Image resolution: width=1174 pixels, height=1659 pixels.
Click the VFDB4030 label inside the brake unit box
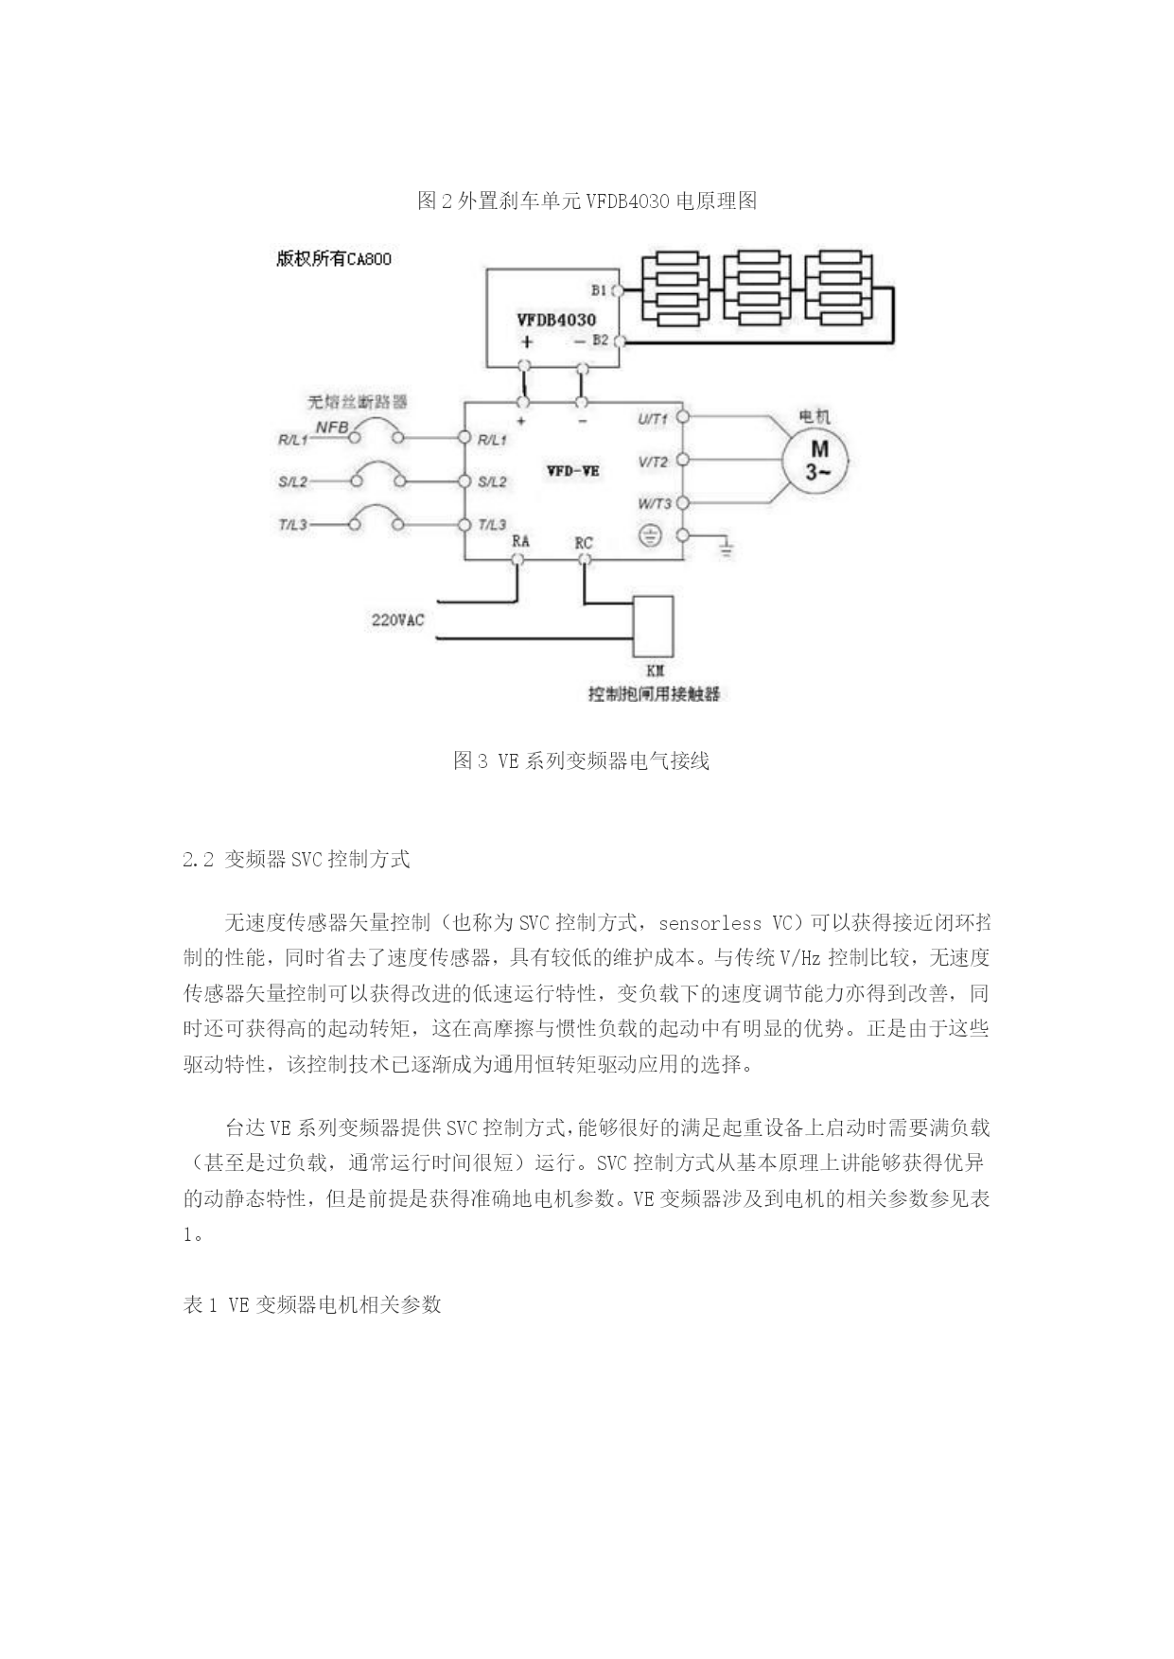point(556,320)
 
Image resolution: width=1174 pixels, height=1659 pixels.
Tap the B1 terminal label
point(600,290)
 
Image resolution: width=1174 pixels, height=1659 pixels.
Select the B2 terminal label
point(601,340)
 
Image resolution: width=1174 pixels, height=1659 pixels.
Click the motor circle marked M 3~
point(815,461)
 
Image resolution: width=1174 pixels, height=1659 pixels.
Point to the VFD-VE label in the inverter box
point(572,470)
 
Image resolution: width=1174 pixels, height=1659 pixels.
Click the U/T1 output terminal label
point(653,418)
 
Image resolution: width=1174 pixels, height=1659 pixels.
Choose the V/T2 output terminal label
point(653,462)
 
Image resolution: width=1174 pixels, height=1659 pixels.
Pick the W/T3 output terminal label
point(655,503)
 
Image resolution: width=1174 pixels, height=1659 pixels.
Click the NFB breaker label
point(331,428)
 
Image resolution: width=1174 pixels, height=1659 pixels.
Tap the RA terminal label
point(520,541)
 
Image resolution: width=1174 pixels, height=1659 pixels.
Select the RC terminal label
point(584,543)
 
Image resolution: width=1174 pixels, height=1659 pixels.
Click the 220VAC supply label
point(397,620)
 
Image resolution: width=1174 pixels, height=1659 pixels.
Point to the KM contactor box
point(654,625)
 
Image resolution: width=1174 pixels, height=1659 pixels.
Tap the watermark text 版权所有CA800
point(334,259)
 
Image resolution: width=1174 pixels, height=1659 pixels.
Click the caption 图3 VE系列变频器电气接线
point(582,760)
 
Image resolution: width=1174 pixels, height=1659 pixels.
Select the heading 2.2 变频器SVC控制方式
point(296,859)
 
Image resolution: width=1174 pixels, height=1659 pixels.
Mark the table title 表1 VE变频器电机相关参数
point(312,1304)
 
